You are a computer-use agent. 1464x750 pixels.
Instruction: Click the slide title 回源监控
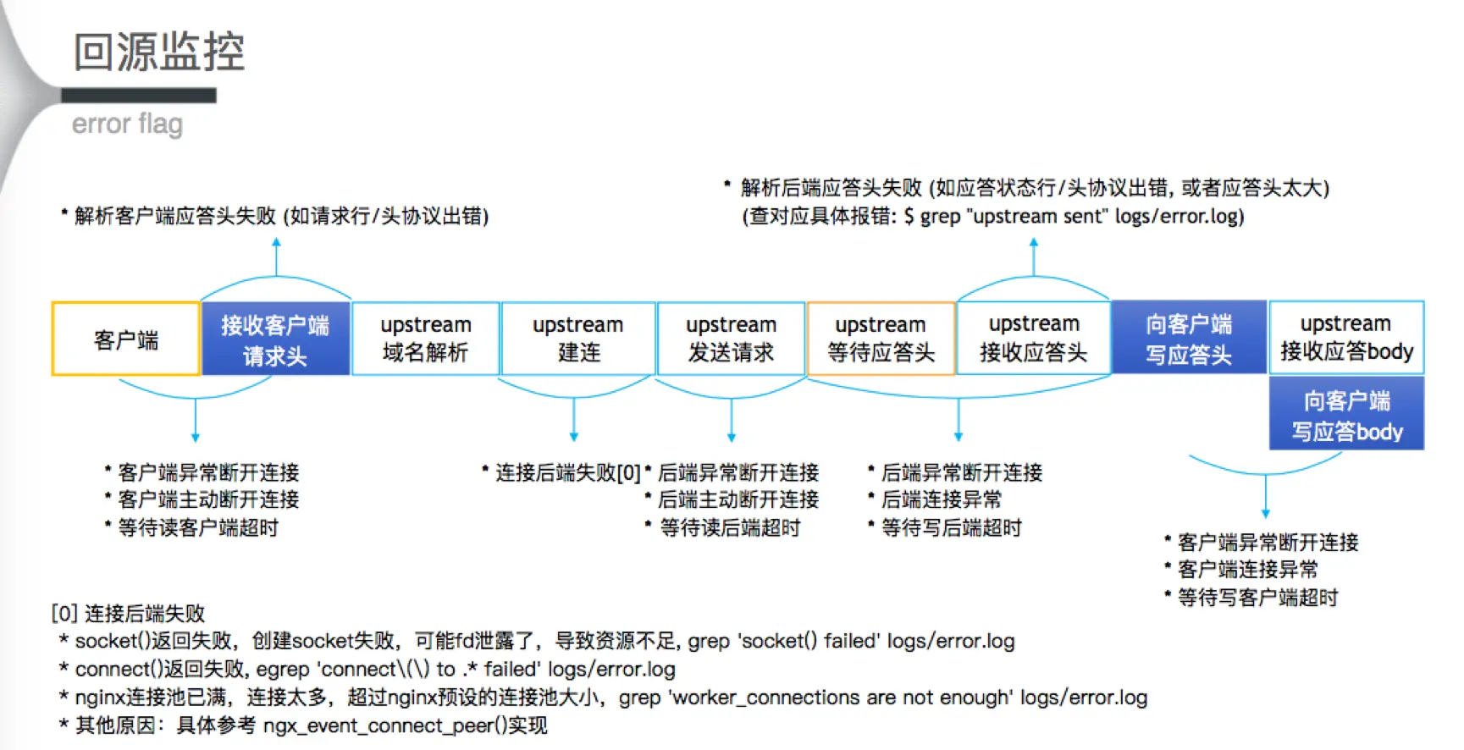(x=159, y=52)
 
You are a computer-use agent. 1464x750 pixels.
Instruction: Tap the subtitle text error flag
(x=127, y=124)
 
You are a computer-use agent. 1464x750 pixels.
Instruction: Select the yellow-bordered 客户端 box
(x=125, y=339)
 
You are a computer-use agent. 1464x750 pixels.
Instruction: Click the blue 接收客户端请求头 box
(x=275, y=339)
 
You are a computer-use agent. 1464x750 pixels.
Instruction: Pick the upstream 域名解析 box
(x=425, y=339)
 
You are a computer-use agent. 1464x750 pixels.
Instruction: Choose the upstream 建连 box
(x=578, y=339)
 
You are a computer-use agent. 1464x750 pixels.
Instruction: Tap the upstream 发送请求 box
(x=731, y=339)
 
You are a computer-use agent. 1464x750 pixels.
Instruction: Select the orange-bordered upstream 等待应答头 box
(x=881, y=339)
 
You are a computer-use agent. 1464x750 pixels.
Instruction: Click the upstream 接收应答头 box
(x=1033, y=339)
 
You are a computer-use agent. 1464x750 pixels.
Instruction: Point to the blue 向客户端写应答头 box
(x=1189, y=339)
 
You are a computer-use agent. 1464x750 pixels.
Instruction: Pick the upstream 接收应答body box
(x=1346, y=338)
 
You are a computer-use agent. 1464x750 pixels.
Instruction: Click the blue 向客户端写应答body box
(x=1346, y=415)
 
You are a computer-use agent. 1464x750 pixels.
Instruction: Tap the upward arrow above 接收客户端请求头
(x=276, y=254)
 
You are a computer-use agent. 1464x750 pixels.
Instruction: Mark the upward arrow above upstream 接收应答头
(x=1033, y=254)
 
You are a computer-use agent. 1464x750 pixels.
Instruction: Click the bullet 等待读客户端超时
(x=198, y=528)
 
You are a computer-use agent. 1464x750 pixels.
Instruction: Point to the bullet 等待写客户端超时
(x=1257, y=598)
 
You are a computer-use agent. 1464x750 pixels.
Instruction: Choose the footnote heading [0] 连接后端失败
(x=128, y=613)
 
